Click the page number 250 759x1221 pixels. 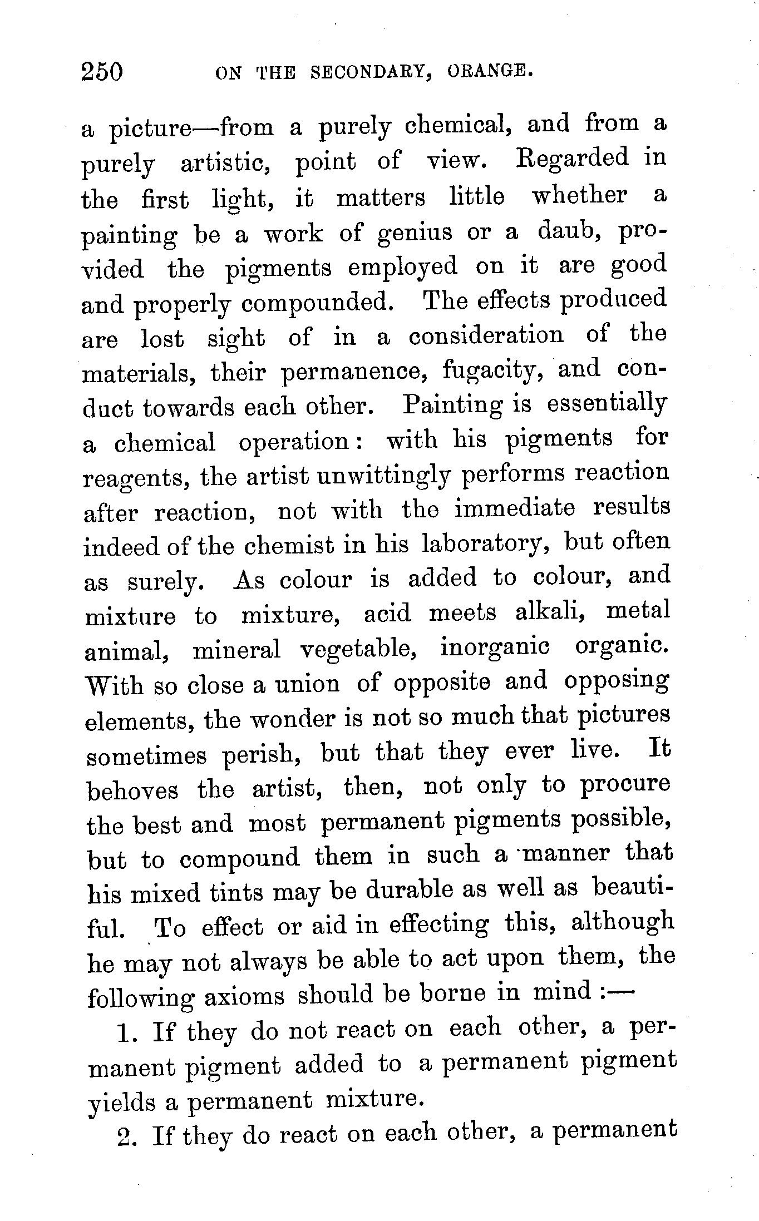(x=101, y=72)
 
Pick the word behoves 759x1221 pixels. (x=132, y=789)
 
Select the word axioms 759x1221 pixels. (x=244, y=996)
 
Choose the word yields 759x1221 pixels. (x=121, y=1101)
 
